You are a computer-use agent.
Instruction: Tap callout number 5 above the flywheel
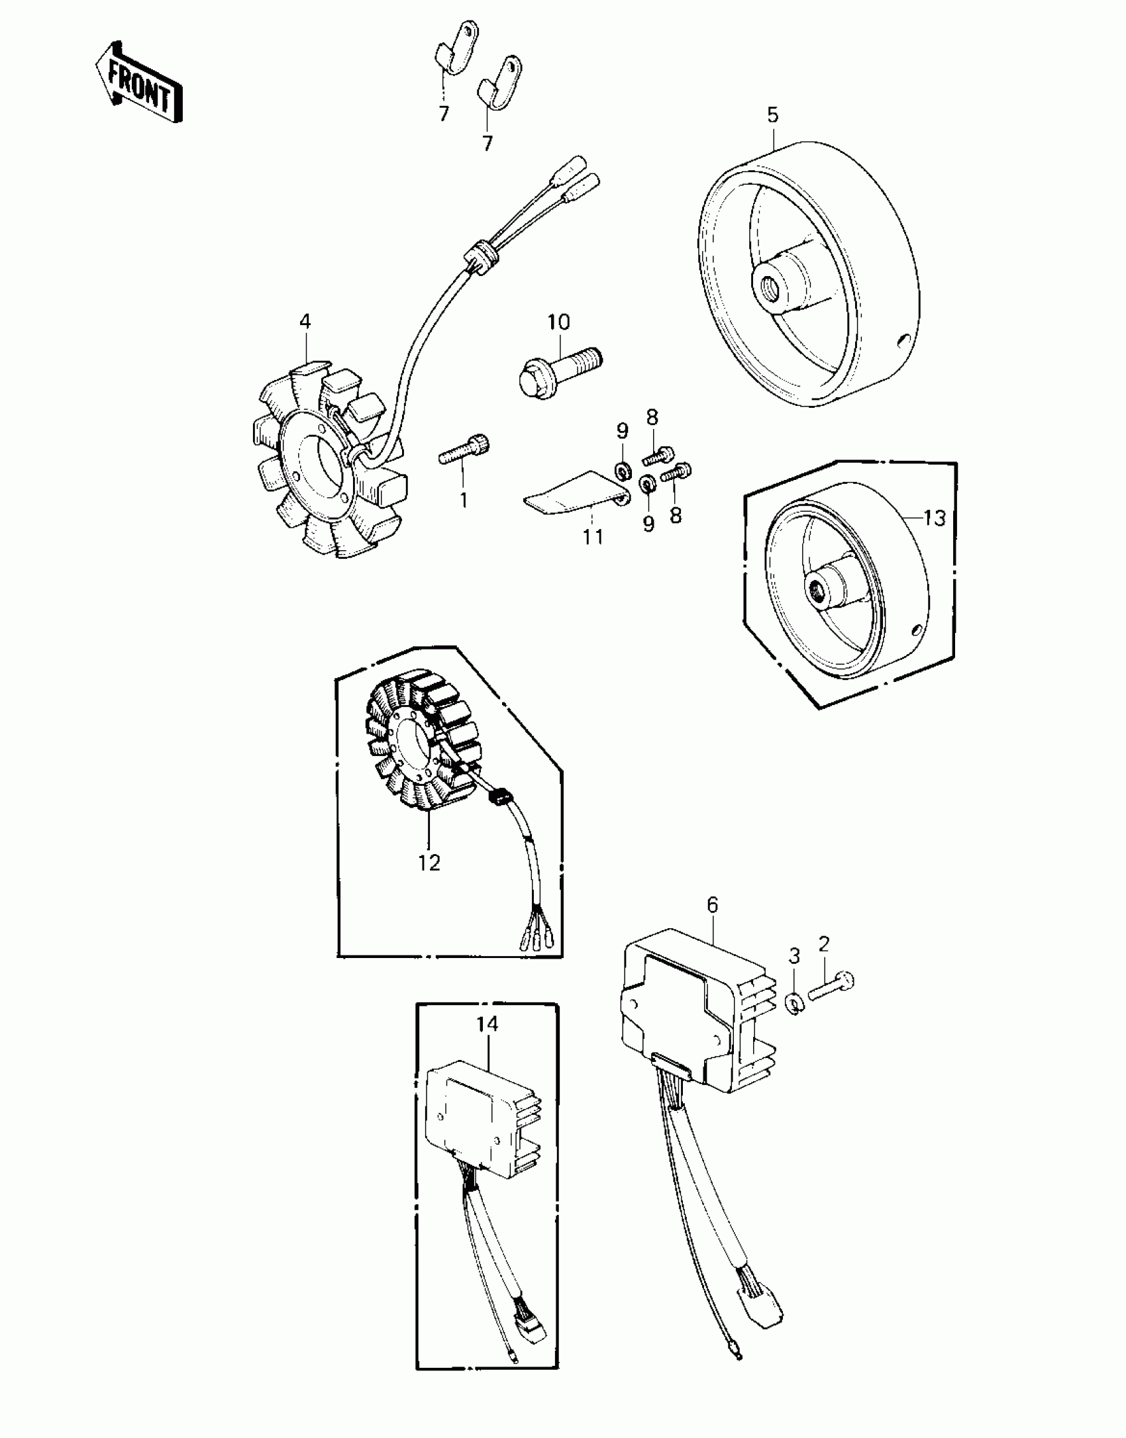pyautogui.click(x=773, y=115)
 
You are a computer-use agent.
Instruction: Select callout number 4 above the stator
pyautogui.click(x=305, y=322)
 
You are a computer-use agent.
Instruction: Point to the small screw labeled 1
pyautogui.click(x=464, y=453)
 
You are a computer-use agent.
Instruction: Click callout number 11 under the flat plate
pyautogui.click(x=593, y=537)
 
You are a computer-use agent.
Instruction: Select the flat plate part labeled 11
pyautogui.click(x=570, y=493)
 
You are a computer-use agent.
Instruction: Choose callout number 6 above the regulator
pyautogui.click(x=713, y=904)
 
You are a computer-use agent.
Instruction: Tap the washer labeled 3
pyautogui.click(x=795, y=1005)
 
